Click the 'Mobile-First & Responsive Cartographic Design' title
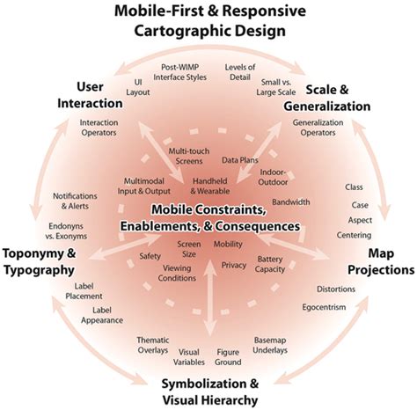point(210,21)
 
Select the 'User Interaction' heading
point(90,95)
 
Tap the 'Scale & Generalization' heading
point(327,98)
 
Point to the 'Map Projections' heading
point(381,261)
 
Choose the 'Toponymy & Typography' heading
point(39,262)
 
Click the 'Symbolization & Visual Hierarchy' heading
point(210,392)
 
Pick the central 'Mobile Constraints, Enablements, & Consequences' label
point(210,218)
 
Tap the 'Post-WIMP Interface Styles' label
point(180,72)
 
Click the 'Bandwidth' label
point(290,201)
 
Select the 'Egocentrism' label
point(324,307)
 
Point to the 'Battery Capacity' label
point(270,264)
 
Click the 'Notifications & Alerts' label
point(75,201)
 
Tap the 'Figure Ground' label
point(228,357)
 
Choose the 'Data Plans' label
point(240,160)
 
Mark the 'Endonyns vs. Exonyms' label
point(66,231)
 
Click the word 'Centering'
point(354,235)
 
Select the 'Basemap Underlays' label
point(270,345)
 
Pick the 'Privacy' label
point(234,265)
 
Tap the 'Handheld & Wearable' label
point(210,186)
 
